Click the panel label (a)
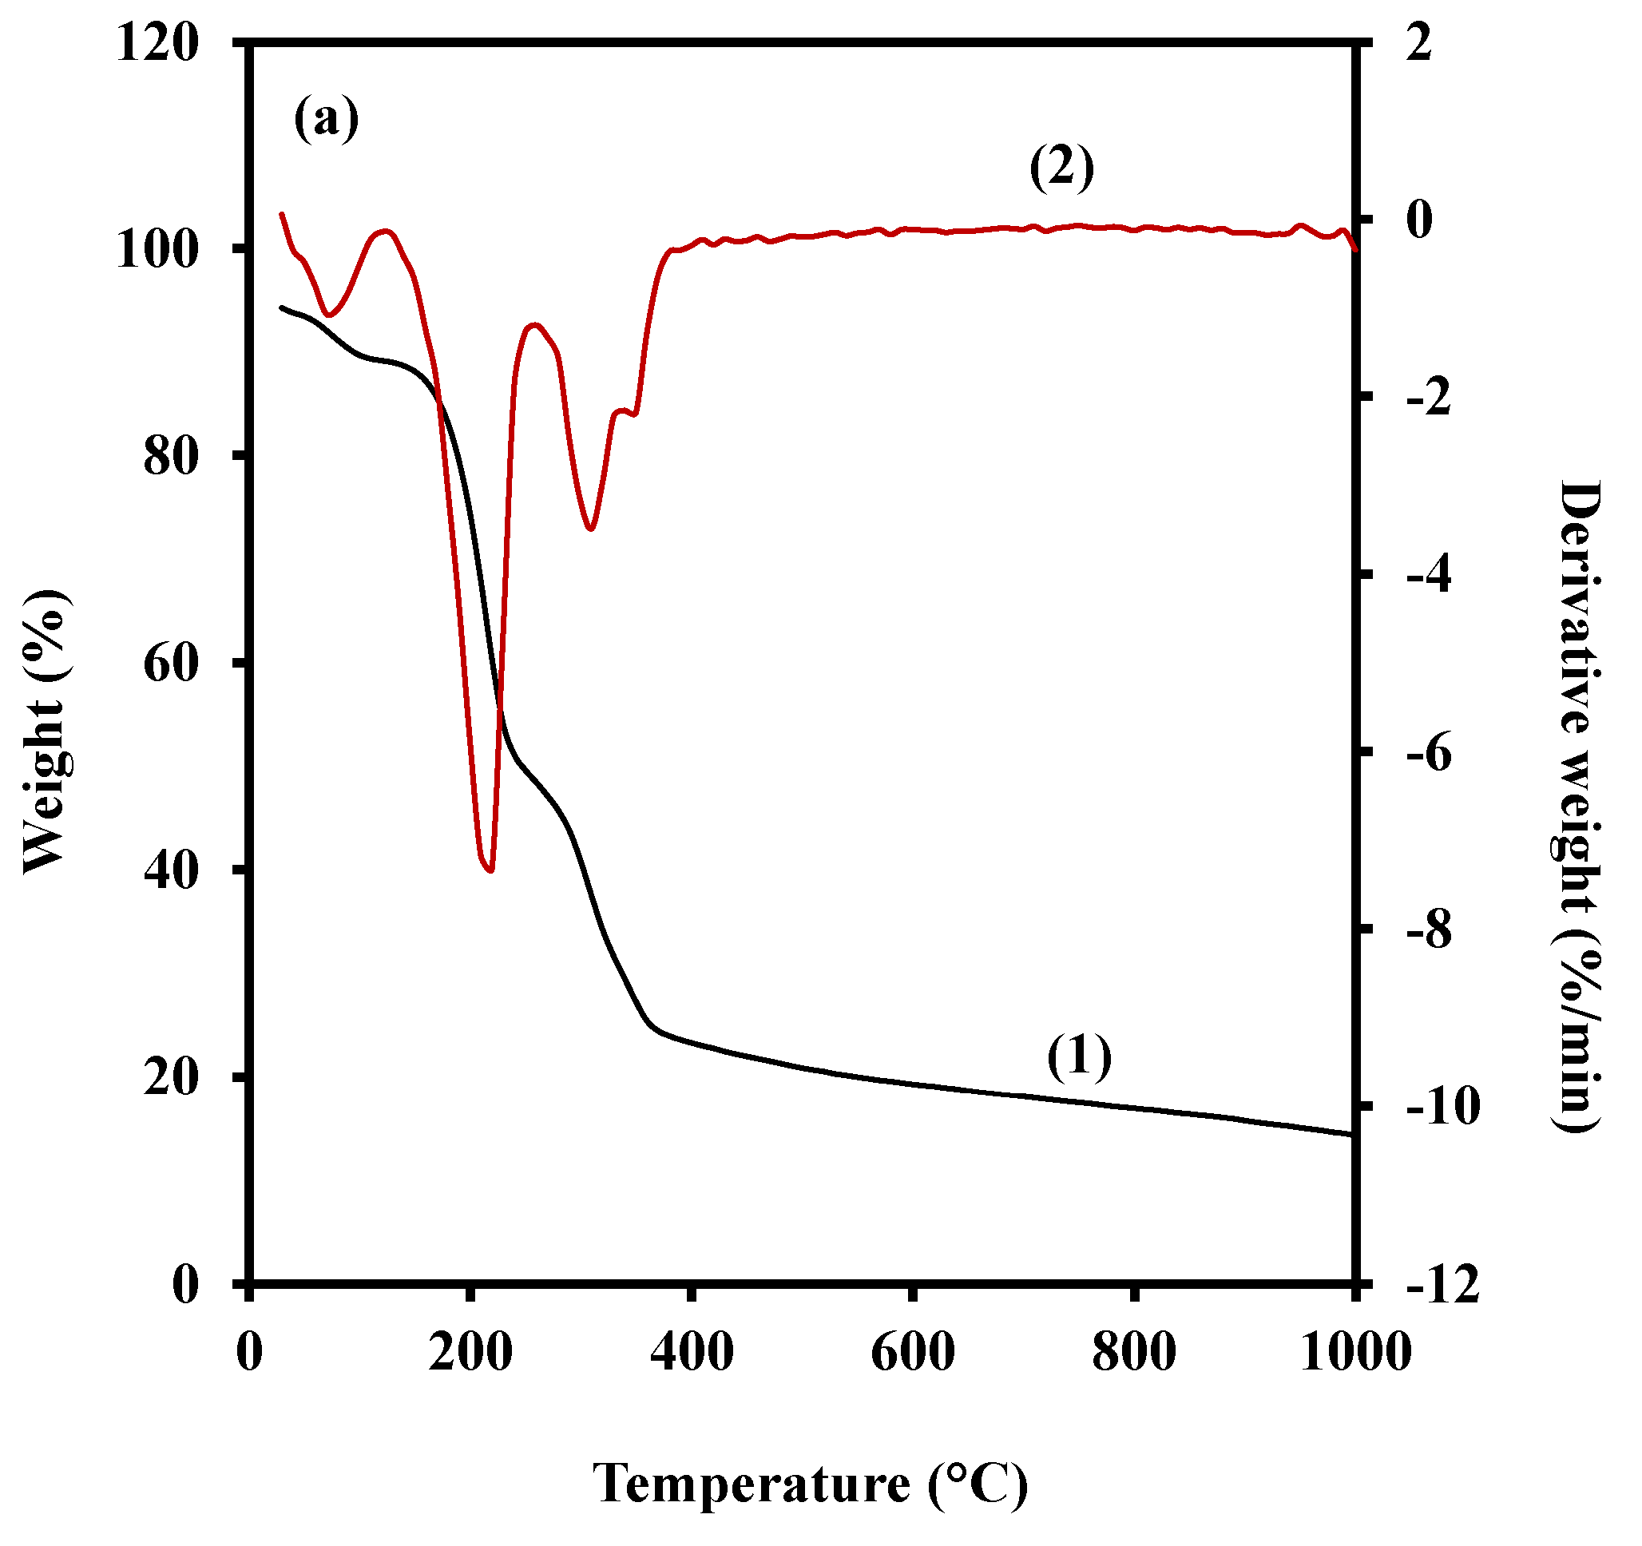327,118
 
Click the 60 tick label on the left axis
172,663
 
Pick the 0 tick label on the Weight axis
186,1285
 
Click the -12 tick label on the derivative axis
1442,1285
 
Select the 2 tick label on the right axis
1419,42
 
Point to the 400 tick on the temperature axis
692,1352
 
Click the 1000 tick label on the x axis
1355,1352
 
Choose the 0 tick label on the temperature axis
249,1352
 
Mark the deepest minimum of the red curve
490,870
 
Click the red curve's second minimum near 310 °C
589,529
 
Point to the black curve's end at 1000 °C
1353,1135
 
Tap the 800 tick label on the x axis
1133,1352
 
